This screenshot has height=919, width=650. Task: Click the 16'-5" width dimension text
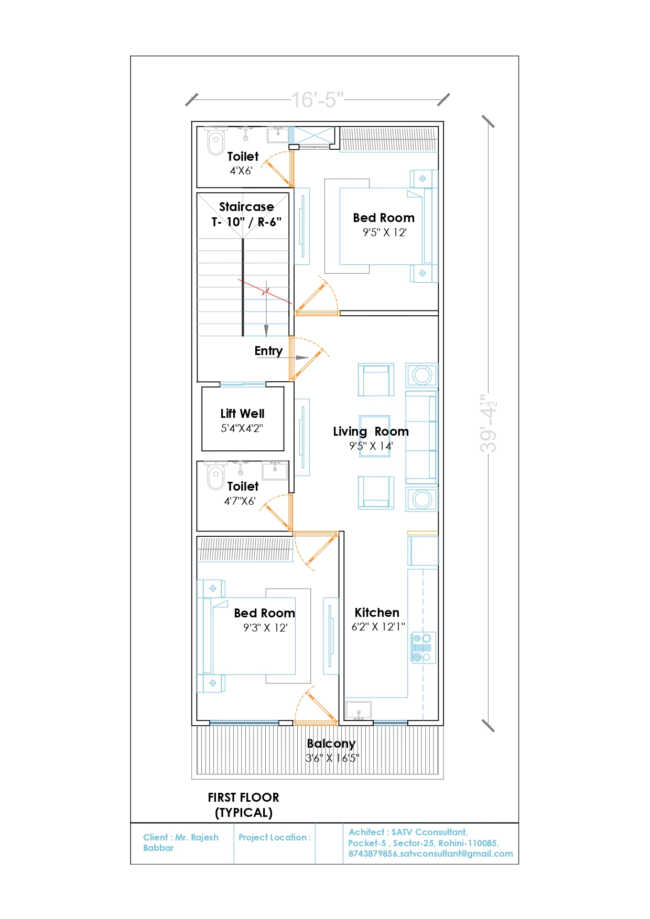click(317, 99)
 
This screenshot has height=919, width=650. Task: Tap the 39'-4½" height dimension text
click(489, 424)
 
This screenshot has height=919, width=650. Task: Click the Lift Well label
click(242, 414)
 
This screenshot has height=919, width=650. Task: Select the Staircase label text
click(246, 207)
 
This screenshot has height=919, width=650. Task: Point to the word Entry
click(268, 351)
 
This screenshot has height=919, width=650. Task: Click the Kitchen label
click(377, 613)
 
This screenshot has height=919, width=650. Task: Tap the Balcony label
click(331, 744)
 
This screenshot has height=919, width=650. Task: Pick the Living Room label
click(371, 431)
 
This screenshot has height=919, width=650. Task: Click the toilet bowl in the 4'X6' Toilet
click(215, 142)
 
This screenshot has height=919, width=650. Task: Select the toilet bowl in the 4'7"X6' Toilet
click(215, 478)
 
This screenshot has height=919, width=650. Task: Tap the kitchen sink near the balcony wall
click(358, 711)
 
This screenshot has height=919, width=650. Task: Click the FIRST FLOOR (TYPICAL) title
click(244, 805)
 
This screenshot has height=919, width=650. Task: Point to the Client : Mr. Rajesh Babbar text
click(180, 843)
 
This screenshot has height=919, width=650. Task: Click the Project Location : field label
click(275, 837)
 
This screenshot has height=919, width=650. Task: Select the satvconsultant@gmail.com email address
click(457, 854)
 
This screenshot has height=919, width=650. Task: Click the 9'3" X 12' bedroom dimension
click(265, 628)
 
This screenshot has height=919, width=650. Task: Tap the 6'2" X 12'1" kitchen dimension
click(378, 627)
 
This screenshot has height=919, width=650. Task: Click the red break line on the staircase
click(265, 292)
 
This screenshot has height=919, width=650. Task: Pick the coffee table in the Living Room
click(375, 436)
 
